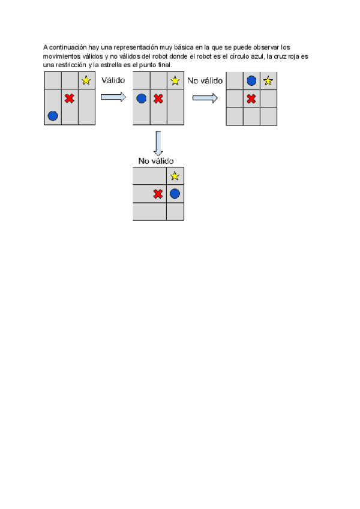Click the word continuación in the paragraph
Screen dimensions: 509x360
[68, 47]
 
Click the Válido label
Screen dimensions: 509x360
[113, 80]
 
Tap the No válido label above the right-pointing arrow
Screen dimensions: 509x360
[205, 80]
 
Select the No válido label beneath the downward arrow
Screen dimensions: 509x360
[156, 161]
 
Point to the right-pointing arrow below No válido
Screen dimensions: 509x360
[205, 98]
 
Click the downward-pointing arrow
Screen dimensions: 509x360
[158, 143]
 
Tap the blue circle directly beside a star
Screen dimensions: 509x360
[251, 80]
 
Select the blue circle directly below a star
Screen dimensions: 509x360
[175, 194]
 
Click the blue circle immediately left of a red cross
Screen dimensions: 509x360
[142, 98]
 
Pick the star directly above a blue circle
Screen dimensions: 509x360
[175, 176]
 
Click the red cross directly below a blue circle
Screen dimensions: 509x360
[251, 98]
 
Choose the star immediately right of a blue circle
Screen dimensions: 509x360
[268, 80]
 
